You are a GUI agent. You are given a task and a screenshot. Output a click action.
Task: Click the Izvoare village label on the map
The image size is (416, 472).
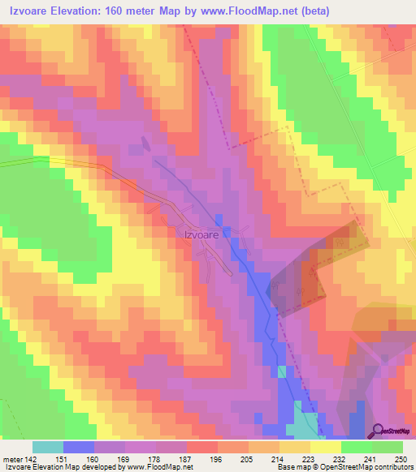pos(197,234)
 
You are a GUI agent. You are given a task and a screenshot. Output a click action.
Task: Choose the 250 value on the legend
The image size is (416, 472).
pos(399,461)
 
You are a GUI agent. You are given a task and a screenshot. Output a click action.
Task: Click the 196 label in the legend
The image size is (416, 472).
pos(214,461)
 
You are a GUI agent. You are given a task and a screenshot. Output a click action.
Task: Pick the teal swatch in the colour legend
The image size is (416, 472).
pos(47,447)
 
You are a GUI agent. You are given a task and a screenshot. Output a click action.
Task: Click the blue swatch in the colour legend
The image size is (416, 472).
pos(79,447)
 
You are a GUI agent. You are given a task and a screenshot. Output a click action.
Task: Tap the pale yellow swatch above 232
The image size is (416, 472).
pos(326,447)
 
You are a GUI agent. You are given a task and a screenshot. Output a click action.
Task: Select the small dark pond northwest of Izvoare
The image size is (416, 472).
pos(145,144)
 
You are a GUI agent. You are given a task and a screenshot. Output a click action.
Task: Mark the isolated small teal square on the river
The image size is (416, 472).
pos(282,371)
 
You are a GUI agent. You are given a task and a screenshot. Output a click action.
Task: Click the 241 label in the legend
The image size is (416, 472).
pos(368,461)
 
